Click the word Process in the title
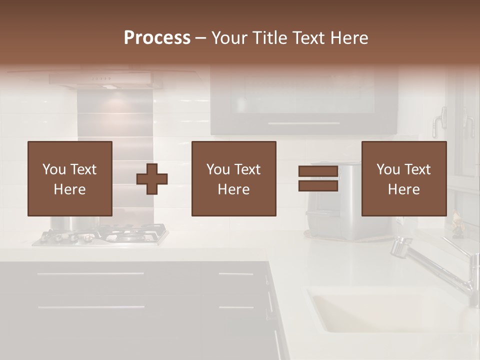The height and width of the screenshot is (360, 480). (x=157, y=38)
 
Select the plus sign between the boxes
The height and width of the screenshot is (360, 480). (x=152, y=179)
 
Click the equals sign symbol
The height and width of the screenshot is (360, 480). (x=318, y=179)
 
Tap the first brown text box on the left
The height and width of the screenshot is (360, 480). (x=70, y=178)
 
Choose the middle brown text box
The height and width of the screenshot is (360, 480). (x=234, y=178)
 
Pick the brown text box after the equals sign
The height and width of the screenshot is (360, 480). (x=404, y=178)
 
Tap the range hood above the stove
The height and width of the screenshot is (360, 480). (x=106, y=80)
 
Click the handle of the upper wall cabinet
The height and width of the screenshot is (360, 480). (x=303, y=123)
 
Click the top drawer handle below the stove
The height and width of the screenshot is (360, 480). (x=90, y=274)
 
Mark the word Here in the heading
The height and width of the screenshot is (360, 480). (x=348, y=38)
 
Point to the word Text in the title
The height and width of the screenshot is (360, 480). (x=308, y=38)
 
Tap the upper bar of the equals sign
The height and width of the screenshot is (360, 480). (x=318, y=171)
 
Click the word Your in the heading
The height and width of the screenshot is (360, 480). (x=229, y=38)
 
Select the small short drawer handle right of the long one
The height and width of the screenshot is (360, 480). (x=235, y=274)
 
